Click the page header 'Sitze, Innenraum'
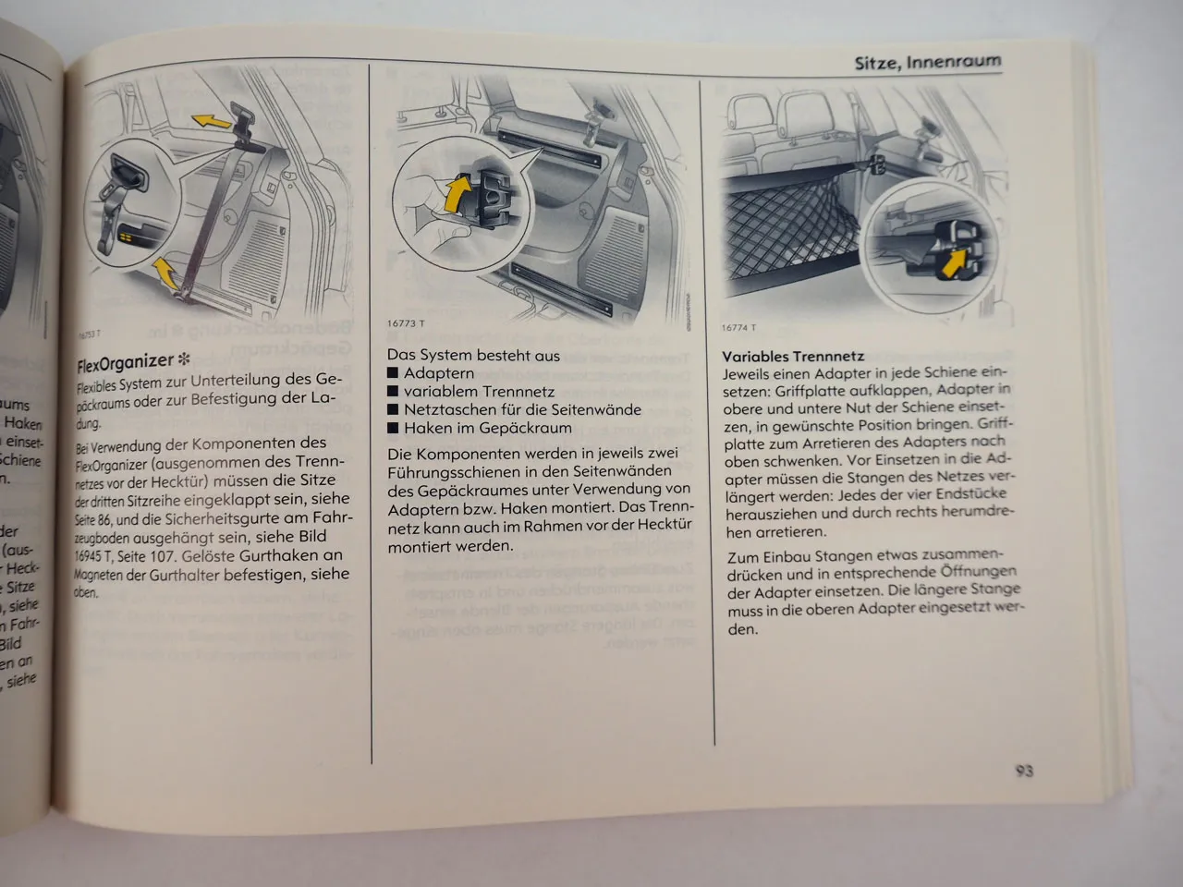926,63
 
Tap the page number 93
1022,771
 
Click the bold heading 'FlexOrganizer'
125,363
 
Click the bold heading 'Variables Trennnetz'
792,356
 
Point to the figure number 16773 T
406,323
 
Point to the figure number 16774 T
738,327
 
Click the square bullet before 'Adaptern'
393,374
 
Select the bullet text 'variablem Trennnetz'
479,392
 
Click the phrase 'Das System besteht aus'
473,355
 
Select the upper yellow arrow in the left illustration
212,119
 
